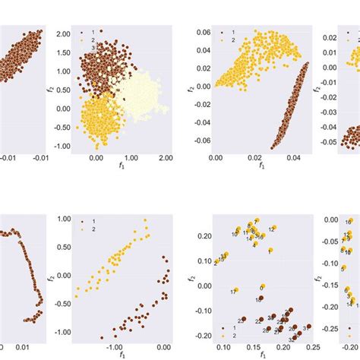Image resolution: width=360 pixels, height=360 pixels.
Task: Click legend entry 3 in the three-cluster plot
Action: point(82,47)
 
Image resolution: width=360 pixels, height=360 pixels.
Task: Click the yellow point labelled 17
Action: point(236,289)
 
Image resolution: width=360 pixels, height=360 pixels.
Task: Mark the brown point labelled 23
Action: point(244,320)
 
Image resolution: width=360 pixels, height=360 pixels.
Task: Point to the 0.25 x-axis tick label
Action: point(313,344)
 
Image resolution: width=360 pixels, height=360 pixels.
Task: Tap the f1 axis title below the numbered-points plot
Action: point(263,354)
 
